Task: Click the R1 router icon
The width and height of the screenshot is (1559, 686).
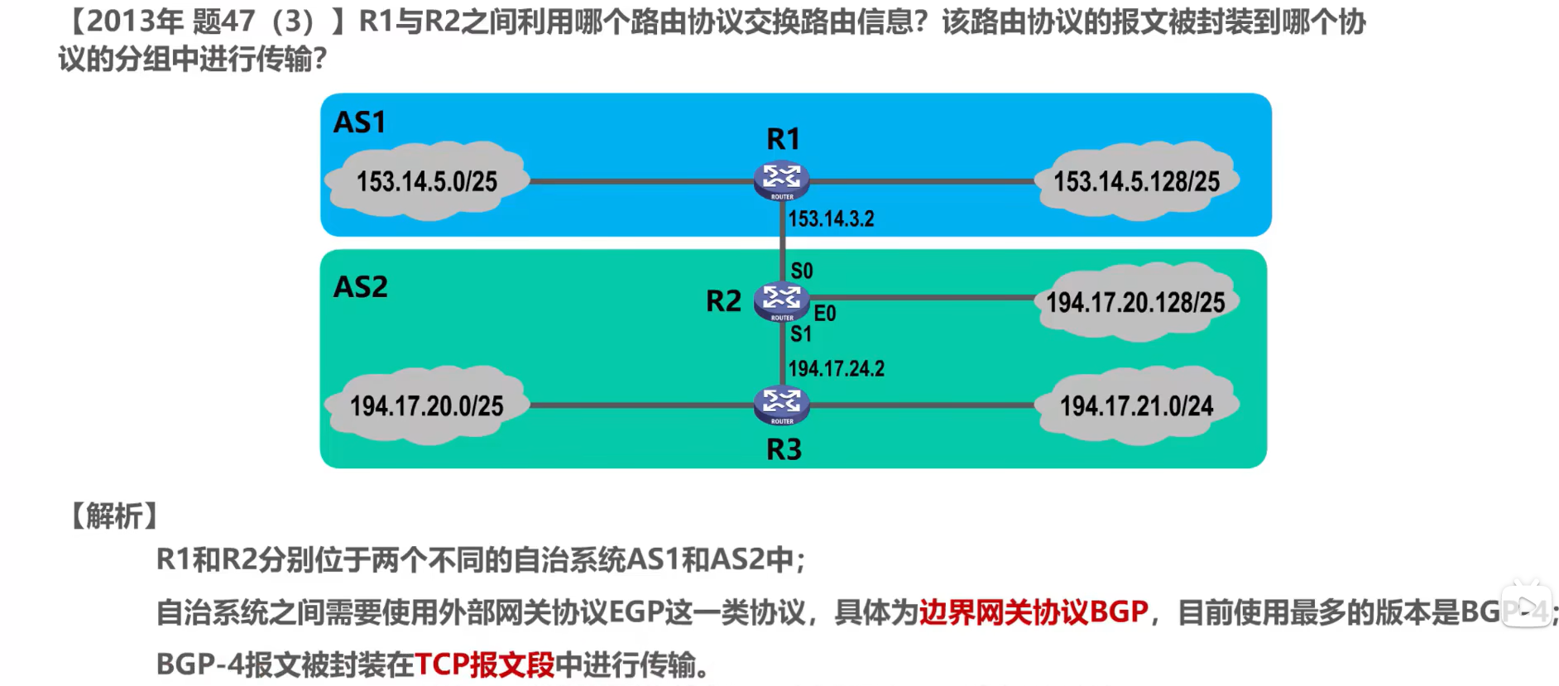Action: pyautogui.click(x=781, y=180)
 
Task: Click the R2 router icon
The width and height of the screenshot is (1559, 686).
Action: pyautogui.click(x=781, y=300)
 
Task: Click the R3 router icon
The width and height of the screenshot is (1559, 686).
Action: pyautogui.click(x=781, y=405)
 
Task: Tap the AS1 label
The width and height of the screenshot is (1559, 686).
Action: pyautogui.click(x=359, y=122)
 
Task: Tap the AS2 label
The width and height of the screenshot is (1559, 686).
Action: pyautogui.click(x=360, y=287)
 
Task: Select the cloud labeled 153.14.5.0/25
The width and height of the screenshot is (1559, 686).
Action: pyautogui.click(x=427, y=181)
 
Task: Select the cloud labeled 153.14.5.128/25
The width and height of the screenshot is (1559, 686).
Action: pyautogui.click(x=1136, y=181)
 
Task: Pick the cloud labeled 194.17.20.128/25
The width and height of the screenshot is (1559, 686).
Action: pyautogui.click(x=1135, y=302)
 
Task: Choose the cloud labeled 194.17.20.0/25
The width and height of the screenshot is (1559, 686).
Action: pyautogui.click(x=426, y=405)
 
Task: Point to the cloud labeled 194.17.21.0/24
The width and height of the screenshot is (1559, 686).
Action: pyautogui.click(x=1136, y=405)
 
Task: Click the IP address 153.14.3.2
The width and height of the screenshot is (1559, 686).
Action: pyautogui.click(x=831, y=219)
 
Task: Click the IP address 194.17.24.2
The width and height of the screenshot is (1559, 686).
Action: pyautogui.click(x=836, y=368)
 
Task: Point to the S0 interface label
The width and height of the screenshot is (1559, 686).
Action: pyautogui.click(x=802, y=271)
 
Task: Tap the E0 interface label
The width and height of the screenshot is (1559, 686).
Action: pyautogui.click(x=825, y=314)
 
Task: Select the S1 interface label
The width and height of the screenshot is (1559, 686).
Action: pyautogui.click(x=801, y=334)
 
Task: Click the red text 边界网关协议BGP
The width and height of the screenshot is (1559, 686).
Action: pyautogui.click(x=1033, y=612)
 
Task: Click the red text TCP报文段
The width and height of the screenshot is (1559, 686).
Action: pyautogui.click(x=484, y=664)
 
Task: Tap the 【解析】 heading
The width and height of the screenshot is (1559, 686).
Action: pyautogui.click(x=114, y=516)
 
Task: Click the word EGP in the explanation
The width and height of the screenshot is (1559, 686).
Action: pyautogui.click(x=637, y=612)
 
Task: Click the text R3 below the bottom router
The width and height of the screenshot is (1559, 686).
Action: pyautogui.click(x=784, y=449)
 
